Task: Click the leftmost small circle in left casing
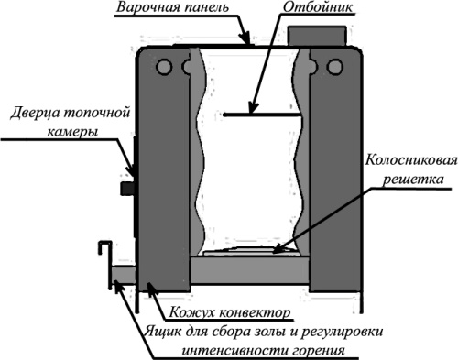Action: pyautogui.click(x=162, y=67)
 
